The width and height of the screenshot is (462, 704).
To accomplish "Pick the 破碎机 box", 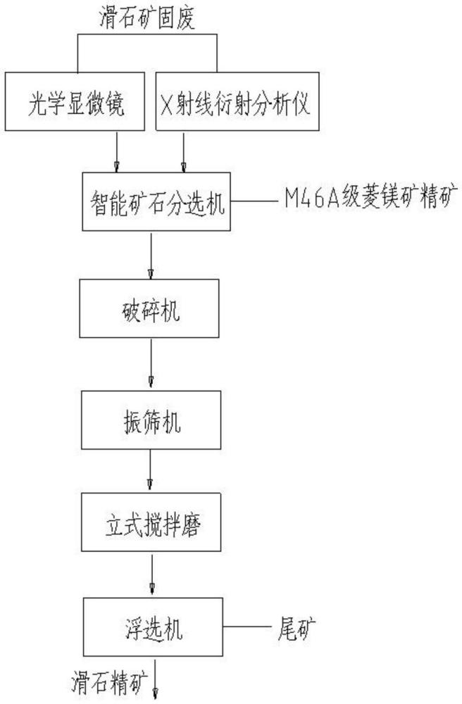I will tap(151, 310).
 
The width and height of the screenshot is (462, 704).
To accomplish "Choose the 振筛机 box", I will tap(151, 420).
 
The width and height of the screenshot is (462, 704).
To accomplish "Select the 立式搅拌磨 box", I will tap(151, 522).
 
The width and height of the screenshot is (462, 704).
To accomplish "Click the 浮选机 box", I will tap(151, 626).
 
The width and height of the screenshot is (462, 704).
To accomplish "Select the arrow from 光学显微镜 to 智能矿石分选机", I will tap(117, 152).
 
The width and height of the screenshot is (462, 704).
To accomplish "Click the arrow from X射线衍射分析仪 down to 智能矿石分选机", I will tap(184, 152).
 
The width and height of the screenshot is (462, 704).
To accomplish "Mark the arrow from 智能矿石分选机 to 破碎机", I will tap(151, 256).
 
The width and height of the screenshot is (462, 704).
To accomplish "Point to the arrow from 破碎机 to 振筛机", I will tap(151, 364).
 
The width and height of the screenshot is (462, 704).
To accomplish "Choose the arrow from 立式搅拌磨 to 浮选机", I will tap(151, 574).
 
